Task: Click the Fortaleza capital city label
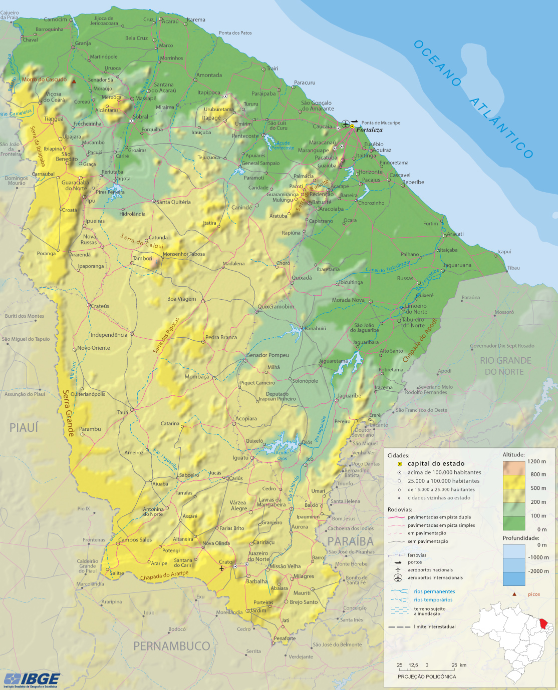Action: pyautogui.click(x=369, y=130)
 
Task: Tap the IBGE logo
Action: pyautogui.click(x=32, y=679)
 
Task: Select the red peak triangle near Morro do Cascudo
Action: pyautogui.click(x=74, y=81)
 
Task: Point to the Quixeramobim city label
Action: pyautogui.click(x=276, y=307)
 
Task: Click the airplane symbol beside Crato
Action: pyautogui.click(x=222, y=568)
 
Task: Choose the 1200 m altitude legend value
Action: pyautogui.click(x=536, y=461)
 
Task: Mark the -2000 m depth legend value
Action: pyautogui.click(x=538, y=571)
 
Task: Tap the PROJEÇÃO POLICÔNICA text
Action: pyautogui.click(x=427, y=676)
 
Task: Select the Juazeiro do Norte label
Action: pyautogui.click(x=258, y=556)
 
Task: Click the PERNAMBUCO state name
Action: pyautogui.click(x=171, y=646)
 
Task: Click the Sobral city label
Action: pyautogui.click(x=140, y=117)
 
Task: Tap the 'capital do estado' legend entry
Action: pyautogui.click(x=436, y=464)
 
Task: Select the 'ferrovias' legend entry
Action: pyautogui.click(x=417, y=555)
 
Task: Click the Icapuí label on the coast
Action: pyautogui.click(x=504, y=252)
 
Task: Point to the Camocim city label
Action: pyautogui.click(x=55, y=20)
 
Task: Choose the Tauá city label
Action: pyautogui.click(x=123, y=412)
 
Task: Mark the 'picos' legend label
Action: pyautogui.click(x=534, y=594)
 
